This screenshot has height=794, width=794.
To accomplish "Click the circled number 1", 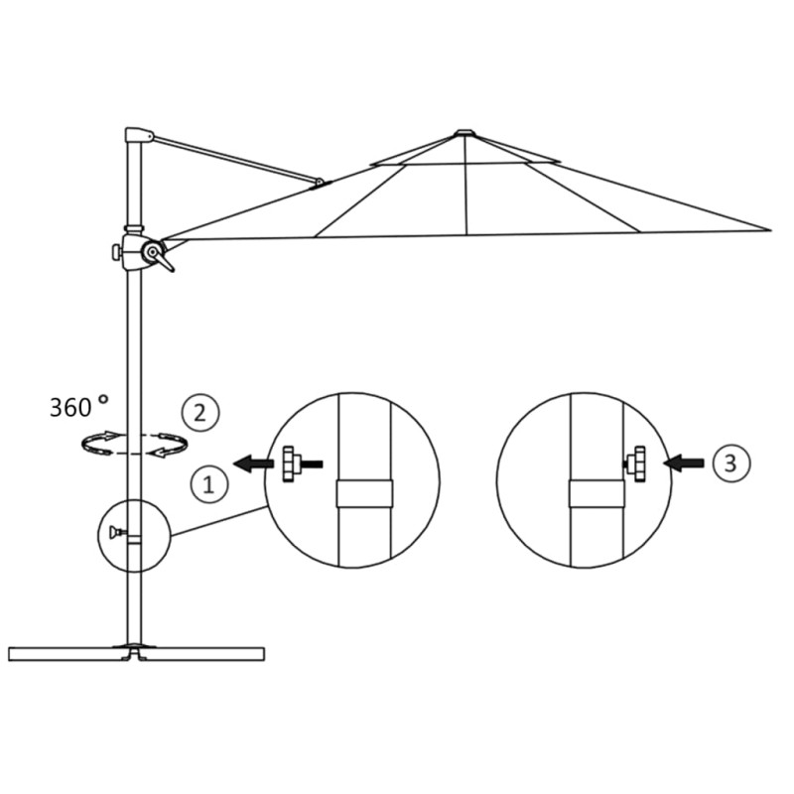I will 208,484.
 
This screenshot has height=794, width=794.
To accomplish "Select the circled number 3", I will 730,462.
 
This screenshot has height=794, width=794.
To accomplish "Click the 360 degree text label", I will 77,406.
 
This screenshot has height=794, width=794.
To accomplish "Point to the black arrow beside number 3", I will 685,463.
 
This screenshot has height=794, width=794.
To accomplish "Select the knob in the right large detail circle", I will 636,463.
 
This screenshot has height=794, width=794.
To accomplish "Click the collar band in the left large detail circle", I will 364,493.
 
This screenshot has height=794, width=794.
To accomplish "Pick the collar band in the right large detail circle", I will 595,493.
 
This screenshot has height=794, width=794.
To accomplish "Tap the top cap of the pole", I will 138,135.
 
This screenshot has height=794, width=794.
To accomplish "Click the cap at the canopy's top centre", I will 464,132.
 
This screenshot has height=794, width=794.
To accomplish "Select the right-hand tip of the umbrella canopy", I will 768,230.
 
